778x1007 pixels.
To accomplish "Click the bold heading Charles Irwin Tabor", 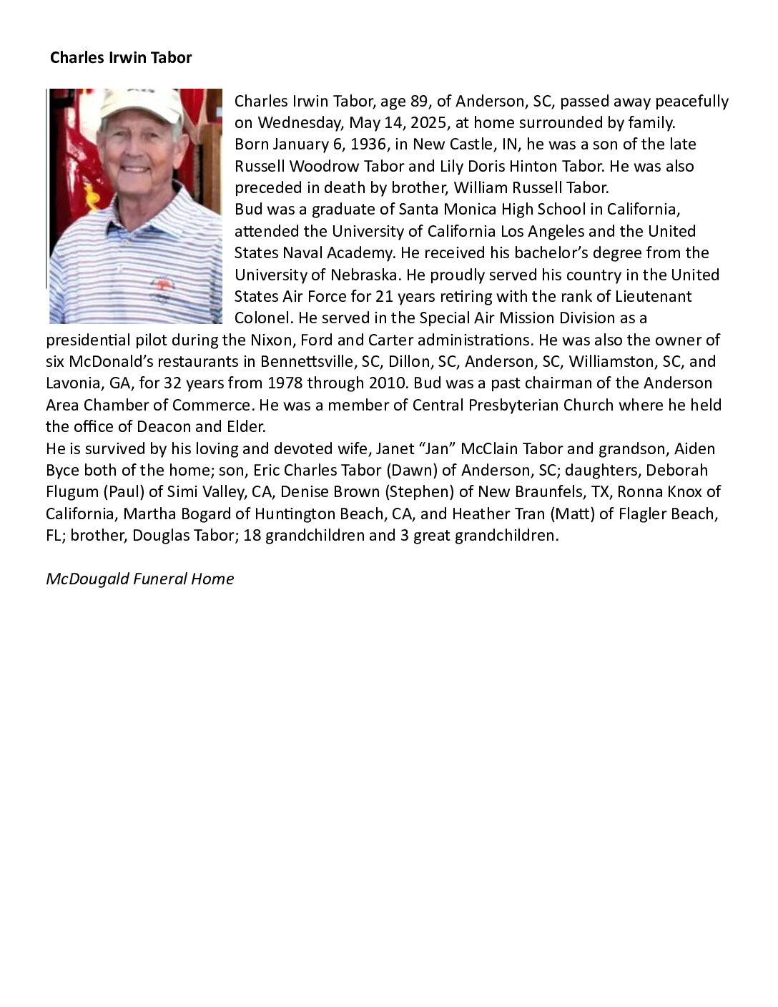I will [121, 58].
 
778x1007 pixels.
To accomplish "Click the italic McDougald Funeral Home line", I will [140, 579].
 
